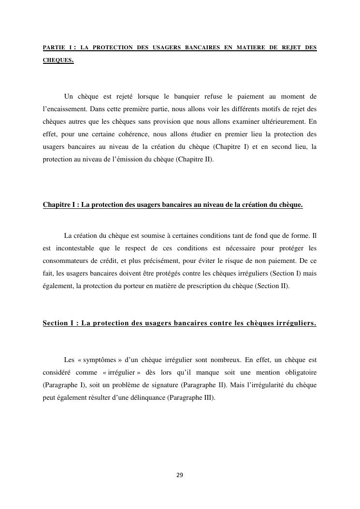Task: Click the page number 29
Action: pos(180,475)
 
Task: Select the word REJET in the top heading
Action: pos(289,48)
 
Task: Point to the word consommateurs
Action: pos(66,261)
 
